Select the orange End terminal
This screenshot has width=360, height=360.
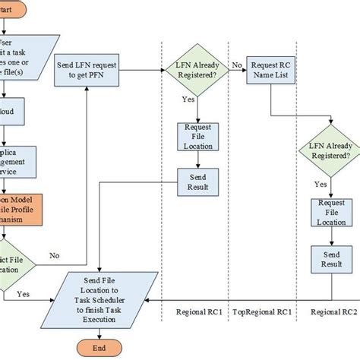pos(96,349)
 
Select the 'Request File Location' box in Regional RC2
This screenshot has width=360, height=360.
pos(327,213)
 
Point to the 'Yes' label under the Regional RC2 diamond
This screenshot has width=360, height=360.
pos(321,183)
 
